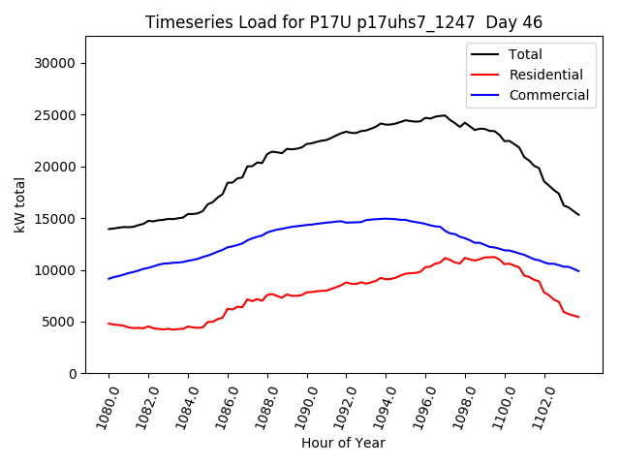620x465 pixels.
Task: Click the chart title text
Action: click(x=344, y=22)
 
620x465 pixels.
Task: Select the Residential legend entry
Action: click(x=545, y=75)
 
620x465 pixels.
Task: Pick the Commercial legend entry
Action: click(x=548, y=95)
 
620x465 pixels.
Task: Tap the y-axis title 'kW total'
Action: click(x=19, y=204)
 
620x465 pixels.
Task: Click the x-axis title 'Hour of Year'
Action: click(x=343, y=443)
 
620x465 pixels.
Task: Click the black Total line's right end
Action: click(x=579, y=215)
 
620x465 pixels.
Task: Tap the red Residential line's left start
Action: click(x=108, y=324)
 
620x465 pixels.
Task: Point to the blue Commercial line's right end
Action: click(x=579, y=271)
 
